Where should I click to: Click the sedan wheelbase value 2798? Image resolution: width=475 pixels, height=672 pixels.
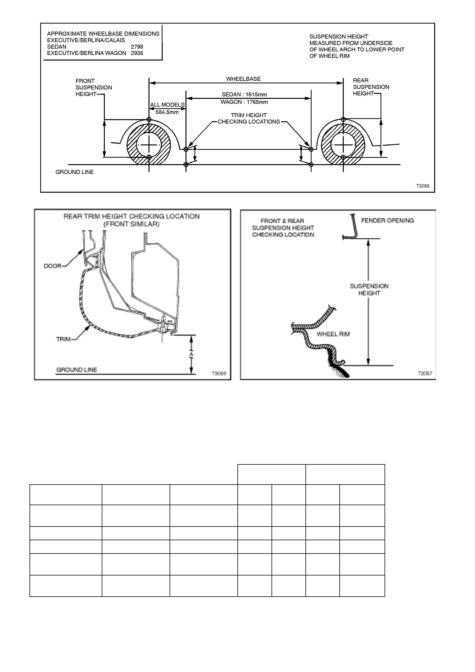click(137, 47)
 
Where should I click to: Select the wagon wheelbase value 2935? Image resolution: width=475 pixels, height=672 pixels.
click(137, 53)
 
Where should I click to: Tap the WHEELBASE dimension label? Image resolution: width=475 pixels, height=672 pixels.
click(243, 79)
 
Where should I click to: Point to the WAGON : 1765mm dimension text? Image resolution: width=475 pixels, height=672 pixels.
click(244, 102)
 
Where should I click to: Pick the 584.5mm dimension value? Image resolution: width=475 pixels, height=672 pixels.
click(167, 112)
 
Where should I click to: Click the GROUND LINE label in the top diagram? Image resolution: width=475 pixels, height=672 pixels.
click(75, 172)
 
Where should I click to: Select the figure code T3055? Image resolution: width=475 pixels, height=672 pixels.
click(423, 186)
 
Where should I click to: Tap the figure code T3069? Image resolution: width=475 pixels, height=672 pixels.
click(219, 374)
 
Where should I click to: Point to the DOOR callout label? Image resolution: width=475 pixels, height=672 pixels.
click(53, 266)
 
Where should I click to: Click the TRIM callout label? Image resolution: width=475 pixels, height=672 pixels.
click(63, 339)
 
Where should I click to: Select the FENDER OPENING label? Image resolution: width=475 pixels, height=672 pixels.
click(387, 220)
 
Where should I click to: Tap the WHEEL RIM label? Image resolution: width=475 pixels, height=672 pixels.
click(333, 334)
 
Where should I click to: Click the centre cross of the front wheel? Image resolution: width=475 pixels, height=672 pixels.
click(149, 145)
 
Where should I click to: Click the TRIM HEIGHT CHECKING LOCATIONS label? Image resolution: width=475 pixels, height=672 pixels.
click(249, 119)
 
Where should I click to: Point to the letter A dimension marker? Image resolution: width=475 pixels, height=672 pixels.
click(191, 354)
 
